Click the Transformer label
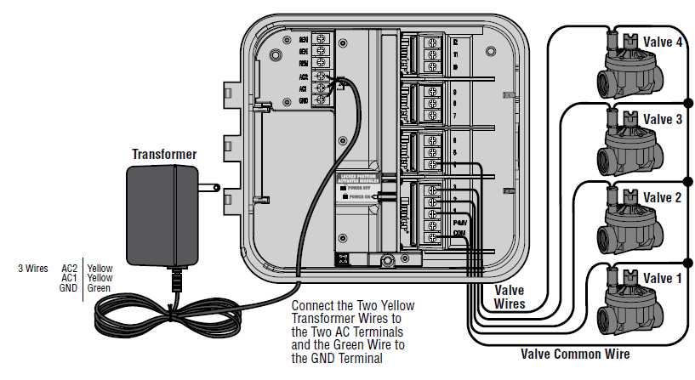[x=163, y=154]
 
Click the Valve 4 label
[x=662, y=43]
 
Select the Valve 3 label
[x=662, y=120]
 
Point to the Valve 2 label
[x=662, y=198]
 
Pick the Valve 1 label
[x=662, y=278]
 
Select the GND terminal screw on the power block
[x=322, y=99]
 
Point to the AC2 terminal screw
[x=322, y=76]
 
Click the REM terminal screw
[x=322, y=63]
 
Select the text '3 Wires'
[x=32, y=268]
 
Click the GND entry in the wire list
[x=69, y=288]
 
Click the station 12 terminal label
[x=456, y=42]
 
